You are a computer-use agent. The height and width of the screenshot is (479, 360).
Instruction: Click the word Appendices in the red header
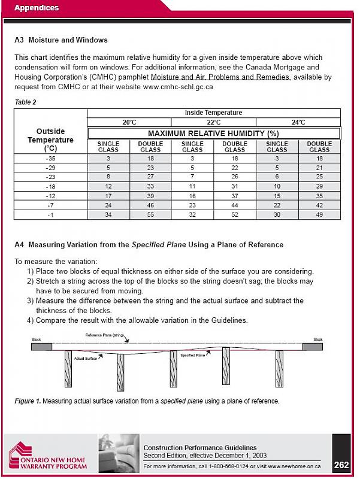37,8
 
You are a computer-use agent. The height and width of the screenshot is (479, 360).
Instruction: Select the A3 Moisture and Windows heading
60,40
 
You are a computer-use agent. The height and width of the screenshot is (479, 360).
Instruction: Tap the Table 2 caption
25,102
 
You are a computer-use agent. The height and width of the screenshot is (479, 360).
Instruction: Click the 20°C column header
129,122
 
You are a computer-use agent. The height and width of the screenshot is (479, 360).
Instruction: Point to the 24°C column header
298,122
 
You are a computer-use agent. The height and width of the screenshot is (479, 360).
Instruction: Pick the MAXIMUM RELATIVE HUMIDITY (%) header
214,133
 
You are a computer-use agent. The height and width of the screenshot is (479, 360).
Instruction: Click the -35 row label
50,158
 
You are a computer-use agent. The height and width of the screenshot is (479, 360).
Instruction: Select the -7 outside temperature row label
50,205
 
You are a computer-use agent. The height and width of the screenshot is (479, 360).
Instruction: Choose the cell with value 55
150,214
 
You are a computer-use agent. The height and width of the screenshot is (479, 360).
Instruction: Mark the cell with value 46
150,205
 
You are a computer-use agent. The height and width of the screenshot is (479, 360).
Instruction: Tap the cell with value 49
319,214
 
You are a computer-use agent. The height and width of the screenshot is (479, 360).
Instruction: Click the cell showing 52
235,214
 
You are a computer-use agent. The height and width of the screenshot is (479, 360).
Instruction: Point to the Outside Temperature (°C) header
50,140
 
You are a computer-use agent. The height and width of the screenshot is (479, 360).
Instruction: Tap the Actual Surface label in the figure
86,358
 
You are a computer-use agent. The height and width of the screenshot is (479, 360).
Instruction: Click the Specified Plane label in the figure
192,356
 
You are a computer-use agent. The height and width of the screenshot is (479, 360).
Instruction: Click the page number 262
341,464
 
